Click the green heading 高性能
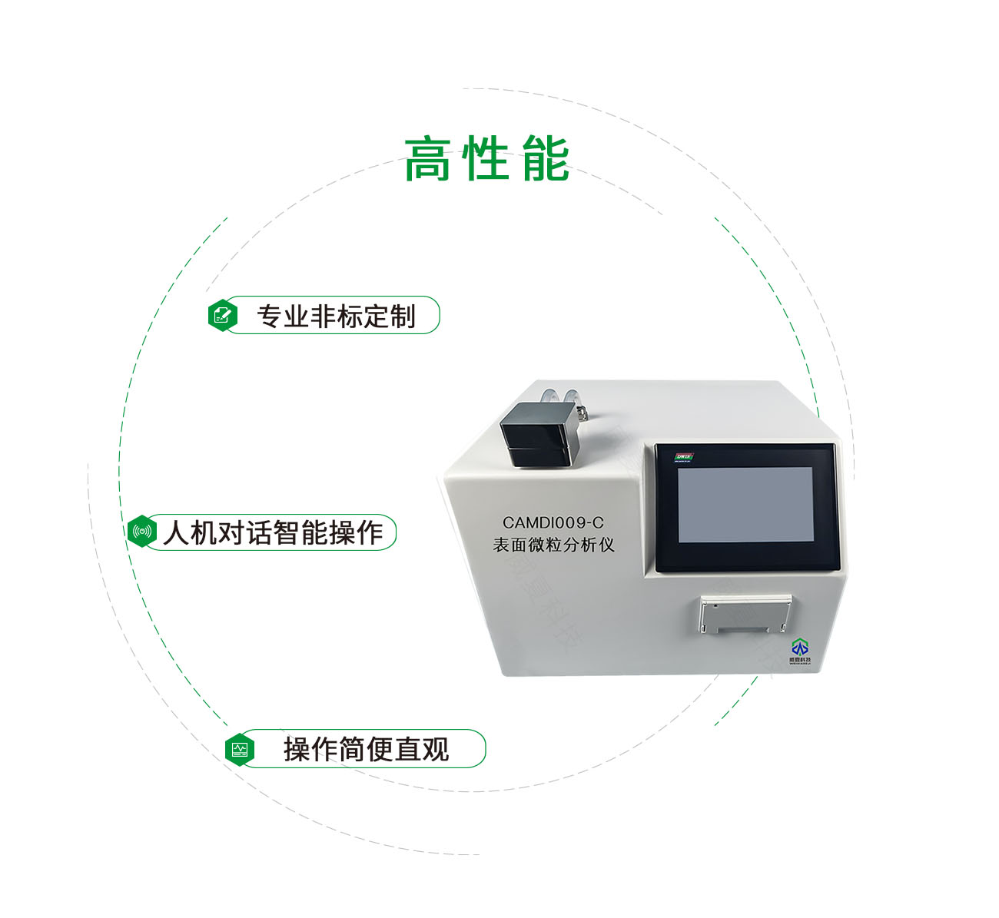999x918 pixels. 486,159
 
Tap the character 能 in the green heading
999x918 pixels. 545,159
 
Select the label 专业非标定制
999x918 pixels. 336,316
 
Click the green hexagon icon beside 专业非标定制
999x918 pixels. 223,315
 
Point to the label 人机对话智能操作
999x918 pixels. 273,532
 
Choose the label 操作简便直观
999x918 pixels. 366,749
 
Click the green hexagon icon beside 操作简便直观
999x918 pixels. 240,749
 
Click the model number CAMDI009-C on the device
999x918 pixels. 553,523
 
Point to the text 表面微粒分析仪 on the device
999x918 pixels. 553,545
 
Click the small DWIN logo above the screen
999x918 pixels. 683,457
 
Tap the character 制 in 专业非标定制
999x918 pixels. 403,316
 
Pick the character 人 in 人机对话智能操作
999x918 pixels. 175,532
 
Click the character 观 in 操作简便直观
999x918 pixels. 436,749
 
